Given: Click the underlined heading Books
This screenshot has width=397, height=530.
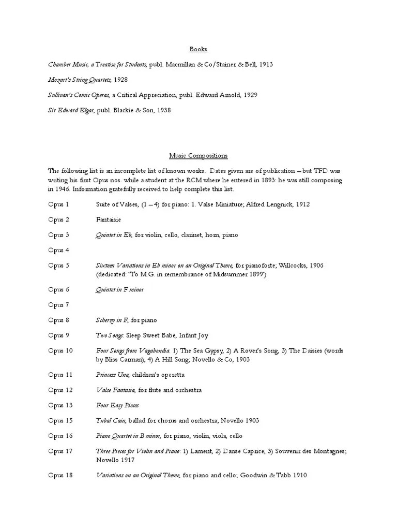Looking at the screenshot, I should [198, 49].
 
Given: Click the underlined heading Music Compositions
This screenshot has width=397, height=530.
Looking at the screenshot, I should [198, 155].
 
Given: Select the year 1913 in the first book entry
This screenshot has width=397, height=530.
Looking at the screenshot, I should [265, 65].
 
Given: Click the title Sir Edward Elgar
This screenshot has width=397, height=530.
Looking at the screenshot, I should [71, 110].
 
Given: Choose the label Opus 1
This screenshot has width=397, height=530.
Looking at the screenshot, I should [58, 204].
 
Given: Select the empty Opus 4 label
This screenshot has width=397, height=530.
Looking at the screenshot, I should [58, 250].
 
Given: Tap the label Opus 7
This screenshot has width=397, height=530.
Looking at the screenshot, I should [58, 305].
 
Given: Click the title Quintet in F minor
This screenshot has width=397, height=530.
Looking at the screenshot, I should [120, 290].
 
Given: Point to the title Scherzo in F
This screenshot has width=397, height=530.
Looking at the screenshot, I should [112, 320].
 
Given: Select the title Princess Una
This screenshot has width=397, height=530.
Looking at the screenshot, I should [112, 375].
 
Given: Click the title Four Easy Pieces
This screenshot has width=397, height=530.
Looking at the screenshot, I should [117, 405].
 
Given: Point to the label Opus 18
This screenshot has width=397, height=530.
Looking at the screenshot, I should [60, 475].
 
